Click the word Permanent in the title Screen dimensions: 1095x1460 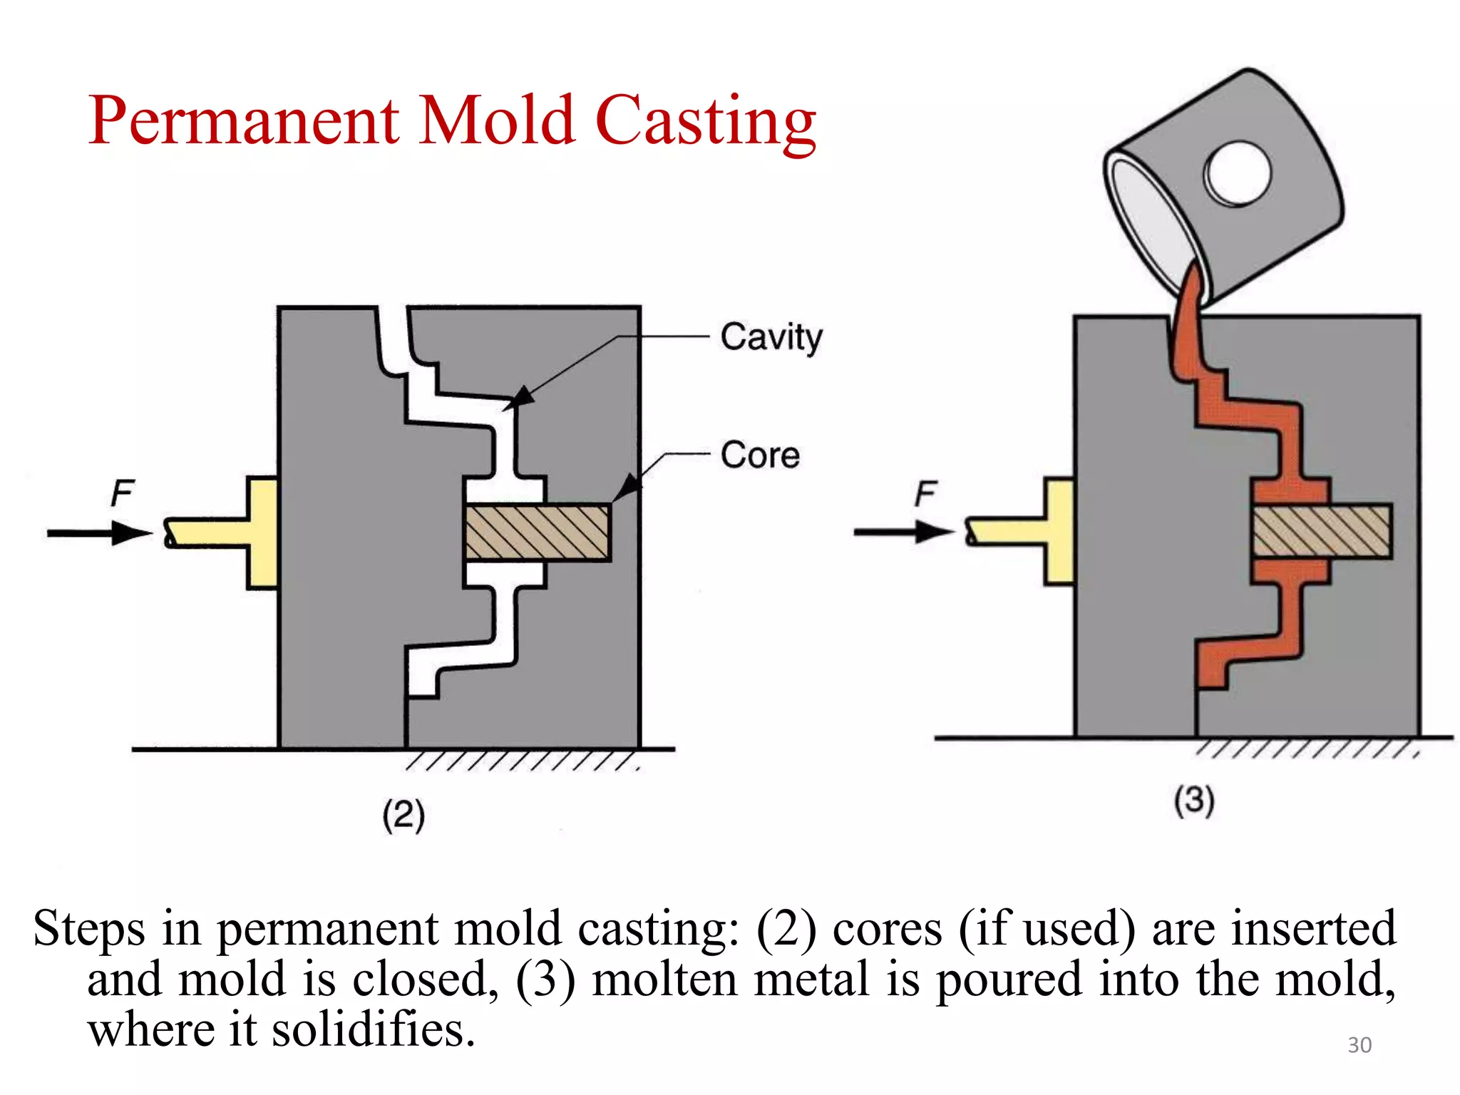point(243,121)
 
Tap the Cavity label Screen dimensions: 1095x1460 point(771,336)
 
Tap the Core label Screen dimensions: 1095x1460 point(760,455)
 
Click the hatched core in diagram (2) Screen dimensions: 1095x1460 point(538,533)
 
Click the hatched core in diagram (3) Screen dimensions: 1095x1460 point(1322,531)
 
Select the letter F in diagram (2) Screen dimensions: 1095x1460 point(122,493)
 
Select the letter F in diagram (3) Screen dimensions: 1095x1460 point(925,493)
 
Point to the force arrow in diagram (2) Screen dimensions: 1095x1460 point(100,533)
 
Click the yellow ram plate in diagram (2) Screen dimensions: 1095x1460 point(262,533)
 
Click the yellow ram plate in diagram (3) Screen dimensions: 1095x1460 point(1059,532)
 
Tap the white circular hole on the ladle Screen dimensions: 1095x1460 point(1238,173)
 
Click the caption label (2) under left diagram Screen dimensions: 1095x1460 point(403,815)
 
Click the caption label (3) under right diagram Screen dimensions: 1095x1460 point(1194,800)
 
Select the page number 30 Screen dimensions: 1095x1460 point(1359,1045)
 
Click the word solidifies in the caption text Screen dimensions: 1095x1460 point(373,1030)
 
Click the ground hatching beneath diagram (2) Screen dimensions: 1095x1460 point(520,761)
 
